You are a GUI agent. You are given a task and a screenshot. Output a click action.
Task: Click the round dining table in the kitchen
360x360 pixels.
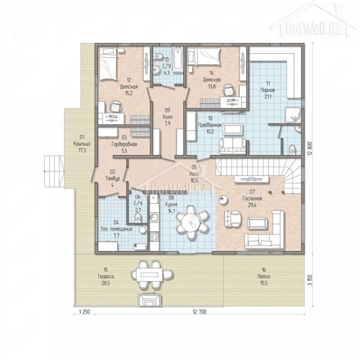tap(190, 222)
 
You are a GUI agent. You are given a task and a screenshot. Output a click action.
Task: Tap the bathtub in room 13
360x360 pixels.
tap(178, 60)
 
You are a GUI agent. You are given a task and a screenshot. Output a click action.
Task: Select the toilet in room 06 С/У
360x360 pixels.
tap(138, 217)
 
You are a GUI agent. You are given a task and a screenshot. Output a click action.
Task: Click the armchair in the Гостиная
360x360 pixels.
tap(233, 219)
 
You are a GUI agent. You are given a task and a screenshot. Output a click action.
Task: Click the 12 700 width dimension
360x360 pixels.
tap(199, 311)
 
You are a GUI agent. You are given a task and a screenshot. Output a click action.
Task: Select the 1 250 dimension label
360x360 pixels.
tap(84, 311)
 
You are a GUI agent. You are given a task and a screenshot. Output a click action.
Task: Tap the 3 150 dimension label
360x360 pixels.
tap(310, 280)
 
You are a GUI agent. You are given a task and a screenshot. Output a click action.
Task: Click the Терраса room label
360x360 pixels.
tap(106, 276)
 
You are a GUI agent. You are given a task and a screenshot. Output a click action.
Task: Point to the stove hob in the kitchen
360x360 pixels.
tap(154, 237)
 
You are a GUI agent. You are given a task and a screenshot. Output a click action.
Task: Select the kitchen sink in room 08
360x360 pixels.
tap(154, 217)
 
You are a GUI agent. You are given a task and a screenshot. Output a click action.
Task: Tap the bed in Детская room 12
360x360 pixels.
tap(108, 64)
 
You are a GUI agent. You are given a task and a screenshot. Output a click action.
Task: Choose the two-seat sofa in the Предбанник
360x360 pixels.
tap(233, 146)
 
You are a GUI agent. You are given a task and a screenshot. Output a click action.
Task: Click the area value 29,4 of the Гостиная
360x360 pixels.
tap(252, 205)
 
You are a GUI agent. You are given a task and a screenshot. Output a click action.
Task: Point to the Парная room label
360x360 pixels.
tap(268, 90)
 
